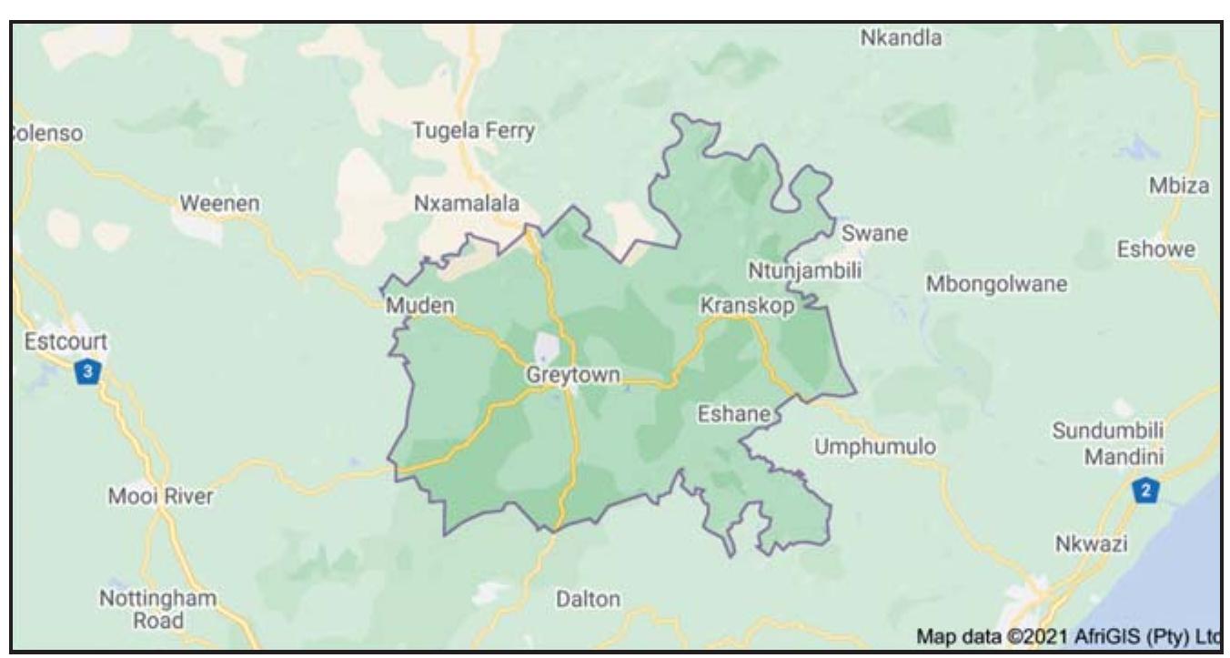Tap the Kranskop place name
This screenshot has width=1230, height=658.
click(x=746, y=306)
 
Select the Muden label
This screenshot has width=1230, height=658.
click(x=419, y=305)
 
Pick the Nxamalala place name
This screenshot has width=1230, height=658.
click(x=467, y=204)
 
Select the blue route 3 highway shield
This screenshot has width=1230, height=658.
click(x=86, y=371)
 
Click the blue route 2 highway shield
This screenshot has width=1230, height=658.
click(x=1145, y=491)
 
